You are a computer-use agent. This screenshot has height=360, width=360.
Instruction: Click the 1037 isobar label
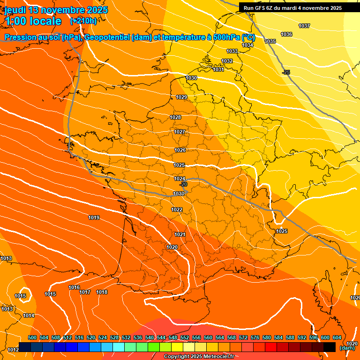(304, 26)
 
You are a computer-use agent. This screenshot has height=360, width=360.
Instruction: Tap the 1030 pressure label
(191, 78)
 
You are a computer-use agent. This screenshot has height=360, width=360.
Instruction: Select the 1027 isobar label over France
(180, 132)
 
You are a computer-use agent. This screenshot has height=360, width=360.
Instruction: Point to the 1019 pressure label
(94, 217)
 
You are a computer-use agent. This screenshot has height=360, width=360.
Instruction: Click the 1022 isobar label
(177, 210)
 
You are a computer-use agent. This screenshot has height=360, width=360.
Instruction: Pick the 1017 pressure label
(85, 292)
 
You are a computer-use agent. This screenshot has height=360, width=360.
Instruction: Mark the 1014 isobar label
(29, 315)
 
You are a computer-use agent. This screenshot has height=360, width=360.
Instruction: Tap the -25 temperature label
(286, 72)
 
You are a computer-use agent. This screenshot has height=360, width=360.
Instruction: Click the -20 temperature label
(184, 184)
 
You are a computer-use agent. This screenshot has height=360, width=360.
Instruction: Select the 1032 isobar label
(227, 61)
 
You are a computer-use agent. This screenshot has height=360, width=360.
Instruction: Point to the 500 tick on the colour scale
(32, 337)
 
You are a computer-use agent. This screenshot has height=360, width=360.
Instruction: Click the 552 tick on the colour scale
(185, 337)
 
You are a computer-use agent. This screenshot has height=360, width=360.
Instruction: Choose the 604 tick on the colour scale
(337, 337)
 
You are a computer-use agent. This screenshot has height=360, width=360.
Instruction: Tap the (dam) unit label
(347, 348)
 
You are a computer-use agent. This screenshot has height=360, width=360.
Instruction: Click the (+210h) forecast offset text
(83, 21)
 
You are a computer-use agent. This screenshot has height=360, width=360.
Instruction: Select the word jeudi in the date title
(15, 10)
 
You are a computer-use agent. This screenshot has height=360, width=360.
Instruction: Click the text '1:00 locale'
(33, 21)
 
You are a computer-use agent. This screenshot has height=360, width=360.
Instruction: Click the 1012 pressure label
(13, 350)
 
